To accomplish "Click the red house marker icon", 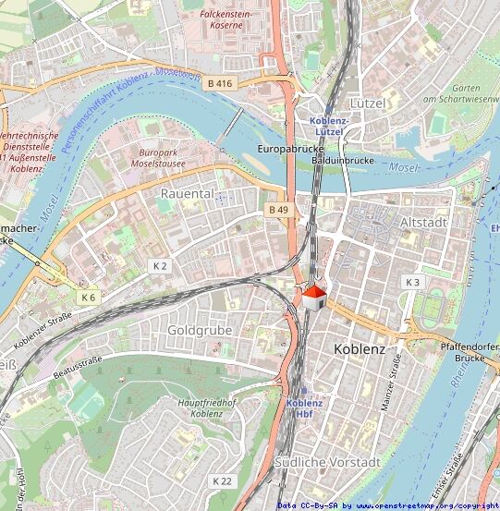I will (314, 298).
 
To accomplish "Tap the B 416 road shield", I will (219, 83).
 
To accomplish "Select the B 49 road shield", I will (278, 210).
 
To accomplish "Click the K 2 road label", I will (160, 265).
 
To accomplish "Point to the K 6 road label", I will (88, 297).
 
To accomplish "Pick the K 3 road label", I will (412, 281).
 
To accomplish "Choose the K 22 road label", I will (222, 481).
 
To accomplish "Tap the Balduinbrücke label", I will (342, 160).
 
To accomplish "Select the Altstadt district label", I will (424, 223).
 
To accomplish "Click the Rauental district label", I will (187, 194).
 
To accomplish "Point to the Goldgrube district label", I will (200, 329).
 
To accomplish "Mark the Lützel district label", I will (367, 103).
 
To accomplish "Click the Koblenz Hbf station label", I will (304, 408).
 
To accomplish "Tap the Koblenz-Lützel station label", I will (329, 127).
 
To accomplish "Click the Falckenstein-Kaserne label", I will (227, 20).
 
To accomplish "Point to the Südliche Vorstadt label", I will (327, 461).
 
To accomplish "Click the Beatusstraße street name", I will (78, 367).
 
